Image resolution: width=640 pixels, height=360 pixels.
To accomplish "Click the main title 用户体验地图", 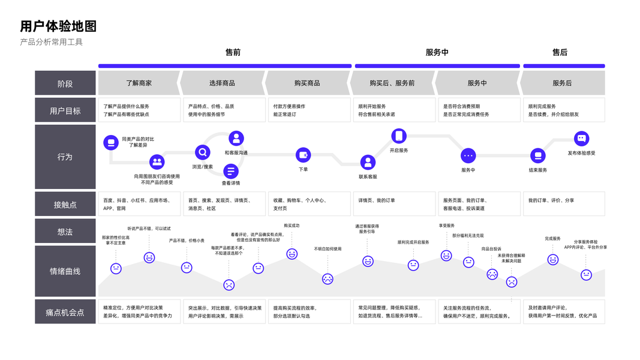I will (58, 26).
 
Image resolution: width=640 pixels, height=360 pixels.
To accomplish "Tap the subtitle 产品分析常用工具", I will (51, 42).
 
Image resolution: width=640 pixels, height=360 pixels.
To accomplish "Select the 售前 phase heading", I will (233, 52).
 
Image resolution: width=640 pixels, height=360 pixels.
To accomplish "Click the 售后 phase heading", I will (560, 52).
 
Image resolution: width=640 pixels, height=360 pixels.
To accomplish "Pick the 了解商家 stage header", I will (139, 83).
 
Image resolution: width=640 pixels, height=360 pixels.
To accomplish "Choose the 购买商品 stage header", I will (307, 83).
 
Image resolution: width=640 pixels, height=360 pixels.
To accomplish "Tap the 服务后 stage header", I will (562, 83).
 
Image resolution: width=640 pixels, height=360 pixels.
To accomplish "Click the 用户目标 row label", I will (65, 110).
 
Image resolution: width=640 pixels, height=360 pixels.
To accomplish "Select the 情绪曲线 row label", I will (65, 271).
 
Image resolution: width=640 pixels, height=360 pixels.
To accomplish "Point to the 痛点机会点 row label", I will (65, 312).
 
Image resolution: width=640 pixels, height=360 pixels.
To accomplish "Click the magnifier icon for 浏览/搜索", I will (203, 152).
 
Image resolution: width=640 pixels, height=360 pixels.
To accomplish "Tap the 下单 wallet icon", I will (304, 155).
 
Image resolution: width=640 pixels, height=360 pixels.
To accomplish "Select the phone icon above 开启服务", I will (399, 136).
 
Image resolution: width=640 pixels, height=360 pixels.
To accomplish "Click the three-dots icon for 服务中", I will (468, 155).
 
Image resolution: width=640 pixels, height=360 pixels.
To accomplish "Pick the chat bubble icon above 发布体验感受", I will (581, 139).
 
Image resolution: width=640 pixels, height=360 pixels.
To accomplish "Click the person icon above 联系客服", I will (368, 162).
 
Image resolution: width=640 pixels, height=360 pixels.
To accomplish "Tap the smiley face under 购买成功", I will (292, 254).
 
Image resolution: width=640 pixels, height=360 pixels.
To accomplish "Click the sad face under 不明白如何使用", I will (327, 278).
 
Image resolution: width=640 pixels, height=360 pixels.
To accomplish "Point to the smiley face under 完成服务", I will (552, 260).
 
